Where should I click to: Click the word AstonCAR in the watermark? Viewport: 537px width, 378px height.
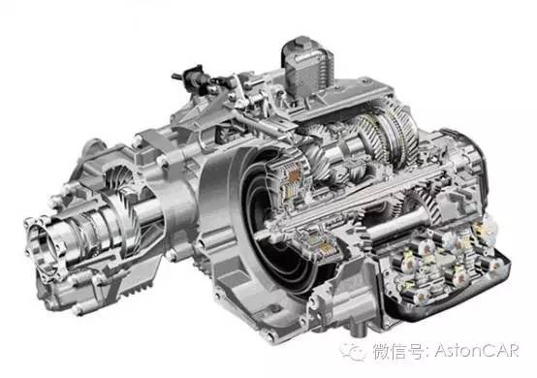[x=478, y=351]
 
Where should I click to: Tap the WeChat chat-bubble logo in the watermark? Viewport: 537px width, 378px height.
[x=353, y=351]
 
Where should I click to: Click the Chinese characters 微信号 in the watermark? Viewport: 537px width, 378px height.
[x=398, y=351]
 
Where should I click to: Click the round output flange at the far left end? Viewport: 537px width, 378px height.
[x=45, y=246]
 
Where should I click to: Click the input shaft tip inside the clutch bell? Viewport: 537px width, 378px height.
[x=261, y=236]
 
